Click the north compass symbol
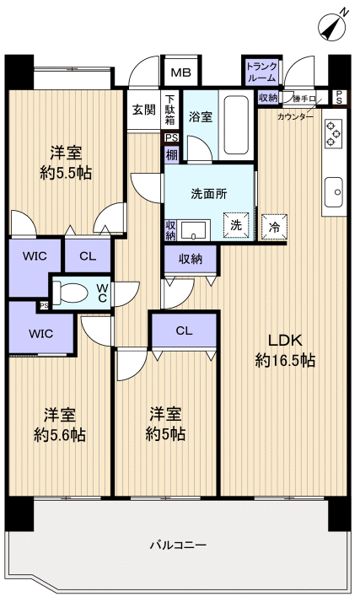pos(334,24)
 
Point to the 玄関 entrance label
pos(142,109)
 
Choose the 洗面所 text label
pos(208,192)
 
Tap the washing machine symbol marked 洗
pos(236,224)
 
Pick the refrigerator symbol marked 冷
pos(274,225)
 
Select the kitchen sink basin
pos(332,191)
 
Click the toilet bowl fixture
pos(73,293)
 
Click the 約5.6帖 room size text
pos(60,435)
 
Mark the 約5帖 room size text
pos(165,435)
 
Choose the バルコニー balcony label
pos(178,546)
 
